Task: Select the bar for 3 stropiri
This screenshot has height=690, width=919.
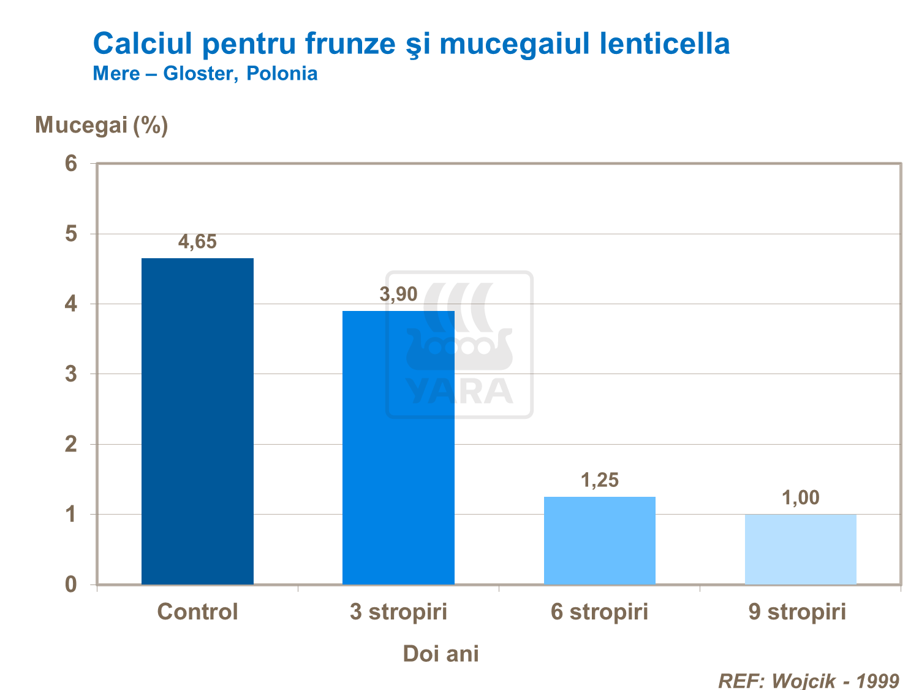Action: pos(398,447)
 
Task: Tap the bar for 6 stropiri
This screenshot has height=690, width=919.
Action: pos(599,540)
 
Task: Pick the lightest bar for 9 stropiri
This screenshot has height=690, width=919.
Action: pos(800,549)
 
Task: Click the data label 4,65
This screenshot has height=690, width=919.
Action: pos(197,242)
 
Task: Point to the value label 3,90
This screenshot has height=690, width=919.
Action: pos(398,295)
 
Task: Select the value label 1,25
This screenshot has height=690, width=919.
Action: pos(599,480)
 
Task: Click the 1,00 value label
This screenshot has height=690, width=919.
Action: pos(800,498)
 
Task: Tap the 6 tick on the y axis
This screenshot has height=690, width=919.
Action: pos(71,164)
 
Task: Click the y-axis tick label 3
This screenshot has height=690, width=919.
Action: pos(71,374)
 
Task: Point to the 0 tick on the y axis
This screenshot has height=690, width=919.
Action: pos(71,585)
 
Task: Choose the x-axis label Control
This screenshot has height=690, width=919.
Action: pos(197,612)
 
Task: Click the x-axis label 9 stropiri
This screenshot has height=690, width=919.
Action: pos(797,612)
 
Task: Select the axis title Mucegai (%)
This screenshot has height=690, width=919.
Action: pos(102,125)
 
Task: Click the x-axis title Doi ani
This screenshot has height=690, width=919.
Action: pos(441,654)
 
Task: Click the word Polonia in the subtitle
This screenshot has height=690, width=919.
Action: pos(282,74)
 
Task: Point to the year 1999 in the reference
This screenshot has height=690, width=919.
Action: pos(877,681)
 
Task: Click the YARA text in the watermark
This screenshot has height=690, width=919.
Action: pos(459,391)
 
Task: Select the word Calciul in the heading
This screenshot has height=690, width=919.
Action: pos(143,44)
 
